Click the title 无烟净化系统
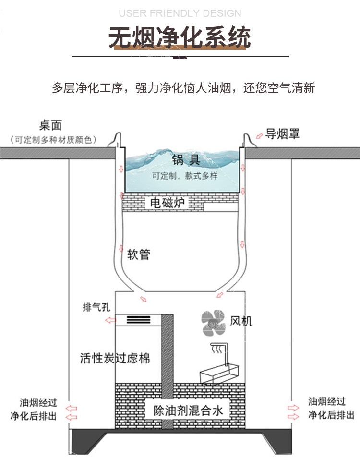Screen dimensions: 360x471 pos(180,37)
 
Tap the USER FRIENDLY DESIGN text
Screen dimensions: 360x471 pos(180,13)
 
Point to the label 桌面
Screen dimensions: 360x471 pos(50,125)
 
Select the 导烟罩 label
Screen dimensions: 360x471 pos(282,134)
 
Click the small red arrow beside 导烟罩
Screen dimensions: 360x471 pos(259,136)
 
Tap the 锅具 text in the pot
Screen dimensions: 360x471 pos(186,160)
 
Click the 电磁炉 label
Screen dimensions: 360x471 pos(167,203)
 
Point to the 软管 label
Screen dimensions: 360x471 pos(138,254)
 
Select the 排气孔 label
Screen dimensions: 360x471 pos(96,307)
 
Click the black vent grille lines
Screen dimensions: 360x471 pos(138,320)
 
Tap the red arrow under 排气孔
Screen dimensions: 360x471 pos(110,320)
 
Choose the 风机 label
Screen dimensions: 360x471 pos(241,321)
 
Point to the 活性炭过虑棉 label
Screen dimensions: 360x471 pos(115,358)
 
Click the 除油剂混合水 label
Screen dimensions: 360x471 pos(188,411)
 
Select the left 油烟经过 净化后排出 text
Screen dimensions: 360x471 pos(34,409)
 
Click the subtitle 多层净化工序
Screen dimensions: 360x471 pos(87,88)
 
